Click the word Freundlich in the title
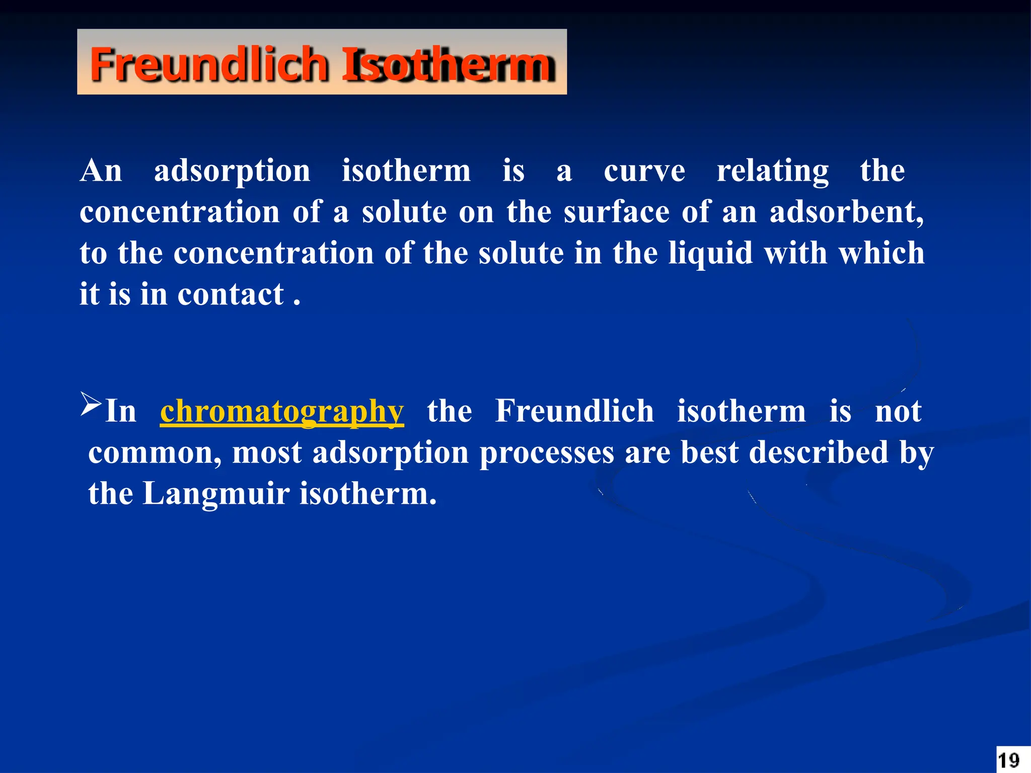pyautogui.click(x=209, y=64)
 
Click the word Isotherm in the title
pyautogui.click(x=448, y=64)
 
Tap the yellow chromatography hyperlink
pyautogui.click(x=282, y=412)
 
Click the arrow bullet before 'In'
pyautogui.click(x=91, y=404)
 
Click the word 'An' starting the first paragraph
pyautogui.click(x=101, y=171)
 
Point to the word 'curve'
pyautogui.click(x=644, y=171)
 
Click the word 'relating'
pyautogui.click(x=772, y=171)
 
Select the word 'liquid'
pyautogui.click(x=710, y=253)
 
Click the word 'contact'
pyautogui.click(x=231, y=294)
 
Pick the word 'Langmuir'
pyautogui.click(x=216, y=494)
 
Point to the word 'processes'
pyautogui.click(x=547, y=453)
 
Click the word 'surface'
pyautogui.click(x=616, y=212)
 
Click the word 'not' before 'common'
pyautogui.click(x=898, y=412)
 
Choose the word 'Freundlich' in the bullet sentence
pyautogui.click(x=574, y=412)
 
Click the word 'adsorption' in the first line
pyautogui.click(x=232, y=171)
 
